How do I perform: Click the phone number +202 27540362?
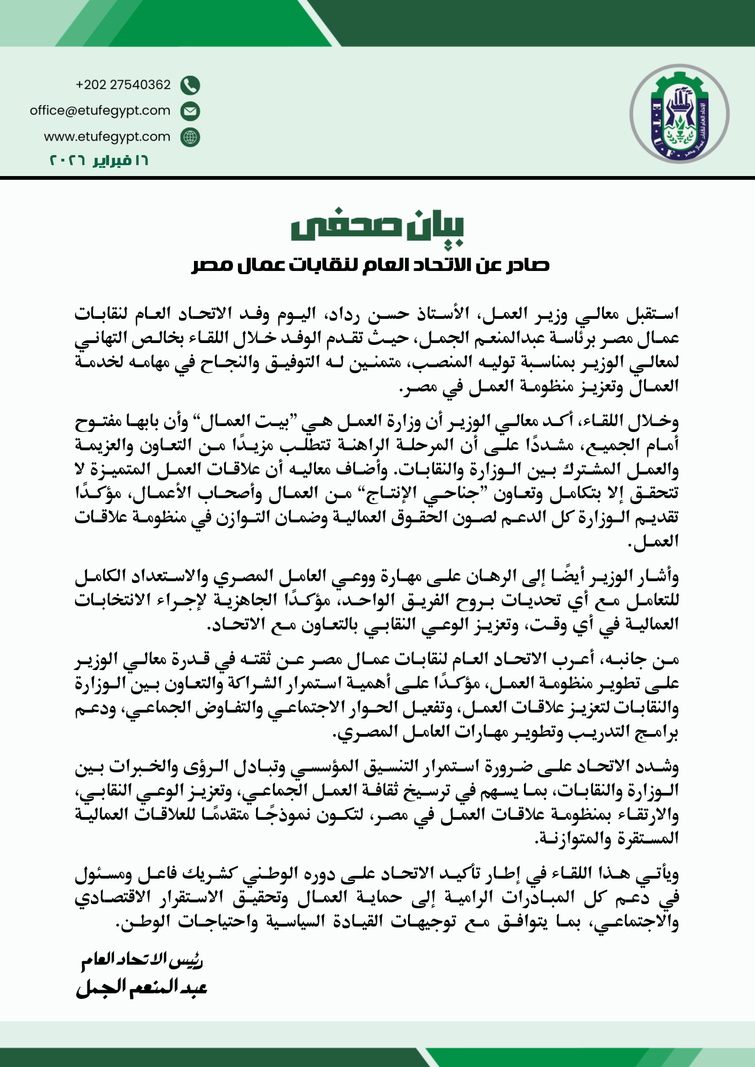click(x=123, y=84)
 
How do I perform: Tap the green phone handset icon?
click(x=190, y=85)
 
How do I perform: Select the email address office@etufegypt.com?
click(x=100, y=110)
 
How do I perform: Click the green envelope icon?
click(x=190, y=111)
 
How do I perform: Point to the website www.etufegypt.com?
click(x=107, y=137)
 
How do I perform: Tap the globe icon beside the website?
click(x=190, y=138)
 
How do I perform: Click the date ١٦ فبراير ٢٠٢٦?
click(x=99, y=160)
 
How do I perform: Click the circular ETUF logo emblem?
click(x=679, y=114)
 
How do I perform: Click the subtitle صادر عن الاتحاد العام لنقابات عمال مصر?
click(x=371, y=265)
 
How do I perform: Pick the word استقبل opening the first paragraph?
click(x=653, y=314)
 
